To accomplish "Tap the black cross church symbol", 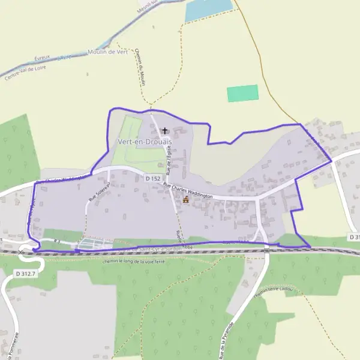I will (165, 130).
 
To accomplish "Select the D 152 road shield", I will (153, 178).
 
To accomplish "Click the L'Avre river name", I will (65, 58).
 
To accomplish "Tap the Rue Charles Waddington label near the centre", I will (188, 192).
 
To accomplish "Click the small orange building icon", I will (185, 200).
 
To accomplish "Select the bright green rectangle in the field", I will (242, 93).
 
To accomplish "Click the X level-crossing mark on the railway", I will (22, 252).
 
